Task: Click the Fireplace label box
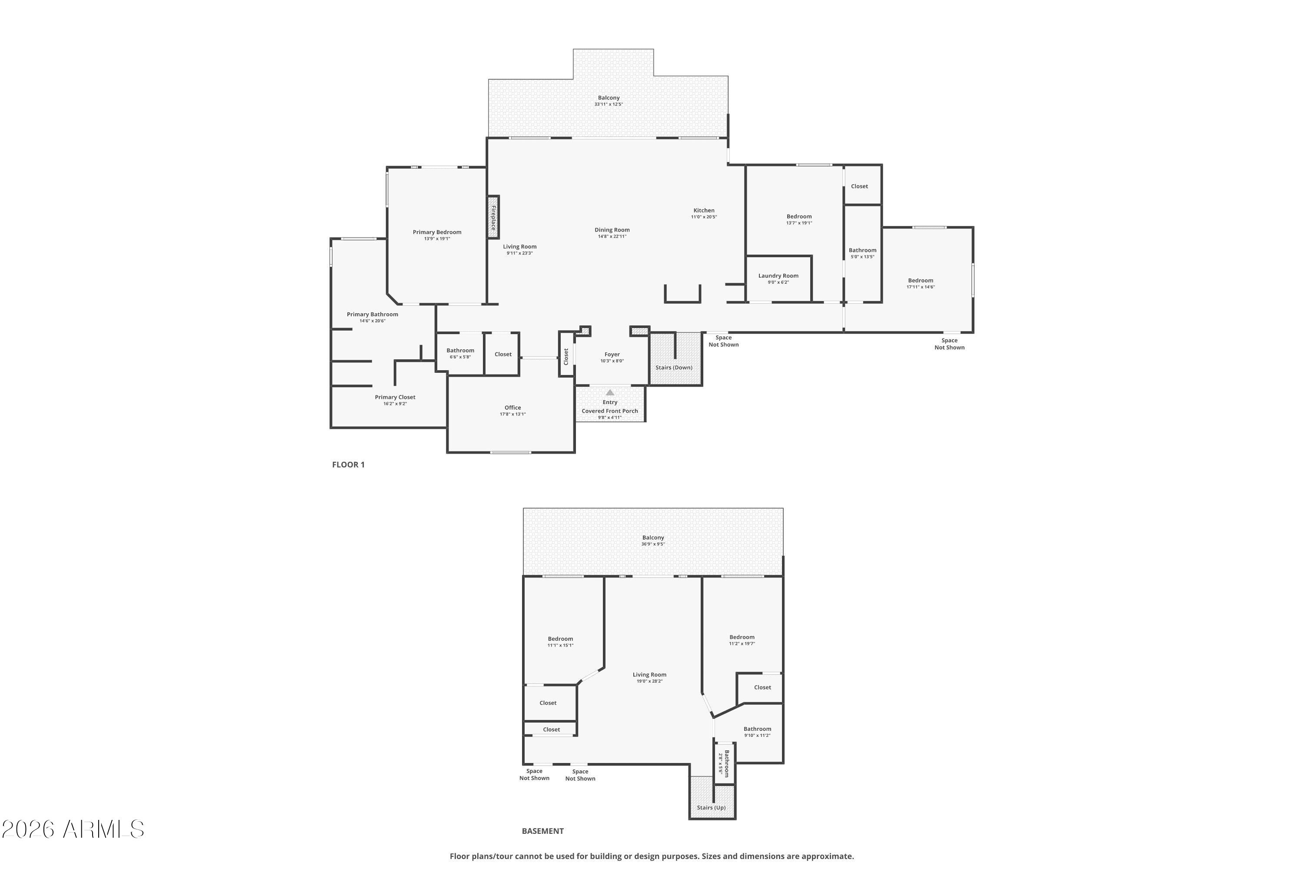(x=493, y=218)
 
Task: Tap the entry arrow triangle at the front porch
(x=610, y=392)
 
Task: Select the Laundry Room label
(x=778, y=276)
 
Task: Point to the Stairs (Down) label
(x=674, y=368)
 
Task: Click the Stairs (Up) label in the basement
(x=711, y=807)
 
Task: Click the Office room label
(x=513, y=408)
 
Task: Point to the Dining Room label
(x=612, y=230)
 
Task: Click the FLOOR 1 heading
(x=348, y=465)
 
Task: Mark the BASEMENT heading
(x=543, y=831)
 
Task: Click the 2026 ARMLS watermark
(x=73, y=829)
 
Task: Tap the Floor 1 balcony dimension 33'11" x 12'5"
(x=609, y=104)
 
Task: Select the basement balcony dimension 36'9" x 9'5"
(x=653, y=544)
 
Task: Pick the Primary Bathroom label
(x=373, y=315)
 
